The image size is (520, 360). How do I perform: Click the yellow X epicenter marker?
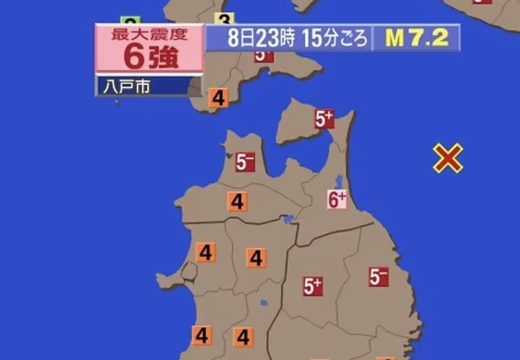tap(448, 158)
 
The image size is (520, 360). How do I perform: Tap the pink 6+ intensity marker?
tap(337, 199)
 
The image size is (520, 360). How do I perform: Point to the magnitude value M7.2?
tap(417, 38)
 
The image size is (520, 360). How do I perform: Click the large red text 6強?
tap(149, 56)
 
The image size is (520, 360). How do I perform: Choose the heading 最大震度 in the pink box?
tap(149, 33)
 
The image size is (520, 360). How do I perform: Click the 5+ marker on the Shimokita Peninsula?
tap(325, 119)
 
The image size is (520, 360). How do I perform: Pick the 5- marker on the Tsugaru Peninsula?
tap(245, 162)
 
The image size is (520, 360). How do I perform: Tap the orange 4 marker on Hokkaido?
tap(219, 98)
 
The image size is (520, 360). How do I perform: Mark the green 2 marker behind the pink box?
tap(129, 21)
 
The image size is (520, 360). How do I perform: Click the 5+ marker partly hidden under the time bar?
tap(264, 55)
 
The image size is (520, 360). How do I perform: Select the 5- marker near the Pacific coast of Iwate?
tap(379, 276)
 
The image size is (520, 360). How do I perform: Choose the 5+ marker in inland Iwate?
tap(313, 286)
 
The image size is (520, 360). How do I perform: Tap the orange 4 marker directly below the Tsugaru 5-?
tap(237, 202)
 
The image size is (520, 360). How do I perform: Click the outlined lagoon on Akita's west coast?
tap(189, 271)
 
